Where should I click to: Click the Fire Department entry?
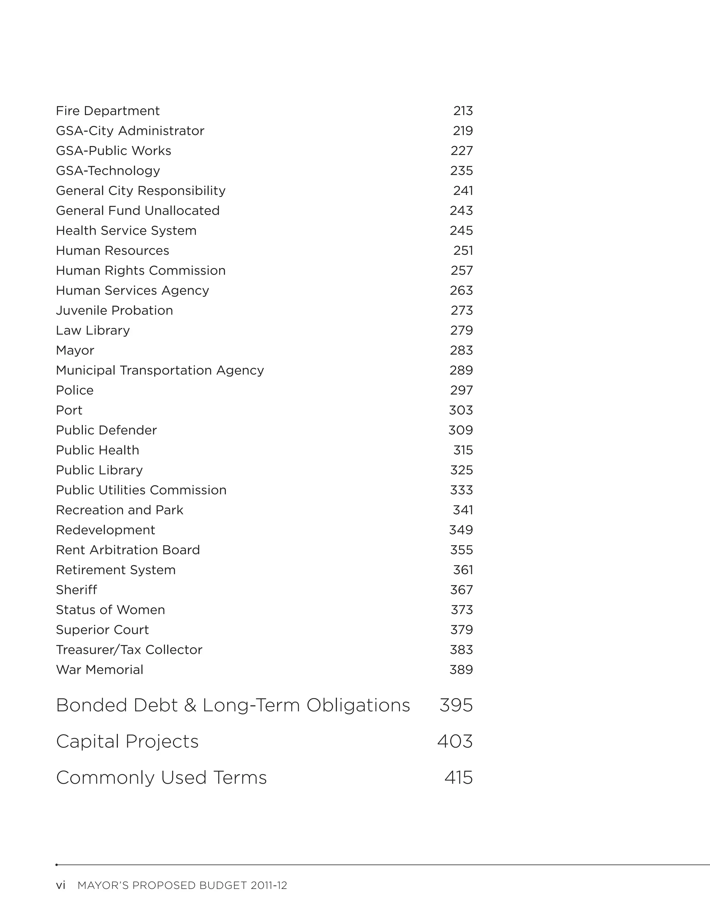(108, 111)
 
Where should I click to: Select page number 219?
(463, 131)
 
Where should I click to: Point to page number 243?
(461, 211)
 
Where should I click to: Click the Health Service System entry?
(126, 231)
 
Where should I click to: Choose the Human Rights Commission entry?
(140, 270)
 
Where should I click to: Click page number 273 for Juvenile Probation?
(461, 310)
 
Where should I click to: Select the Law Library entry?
(93, 330)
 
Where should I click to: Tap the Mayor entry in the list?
(75, 351)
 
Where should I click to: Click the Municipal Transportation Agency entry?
(160, 370)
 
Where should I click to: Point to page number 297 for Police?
(461, 390)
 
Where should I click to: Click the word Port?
(69, 410)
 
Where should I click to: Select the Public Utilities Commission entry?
(141, 490)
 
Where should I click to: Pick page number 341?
(463, 510)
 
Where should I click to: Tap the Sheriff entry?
(76, 590)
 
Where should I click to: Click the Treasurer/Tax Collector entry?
(129, 650)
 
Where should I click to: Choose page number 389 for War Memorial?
(461, 670)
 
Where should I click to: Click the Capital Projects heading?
(127, 741)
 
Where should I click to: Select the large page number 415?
(458, 778)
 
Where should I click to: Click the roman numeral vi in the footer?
(61, 885)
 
